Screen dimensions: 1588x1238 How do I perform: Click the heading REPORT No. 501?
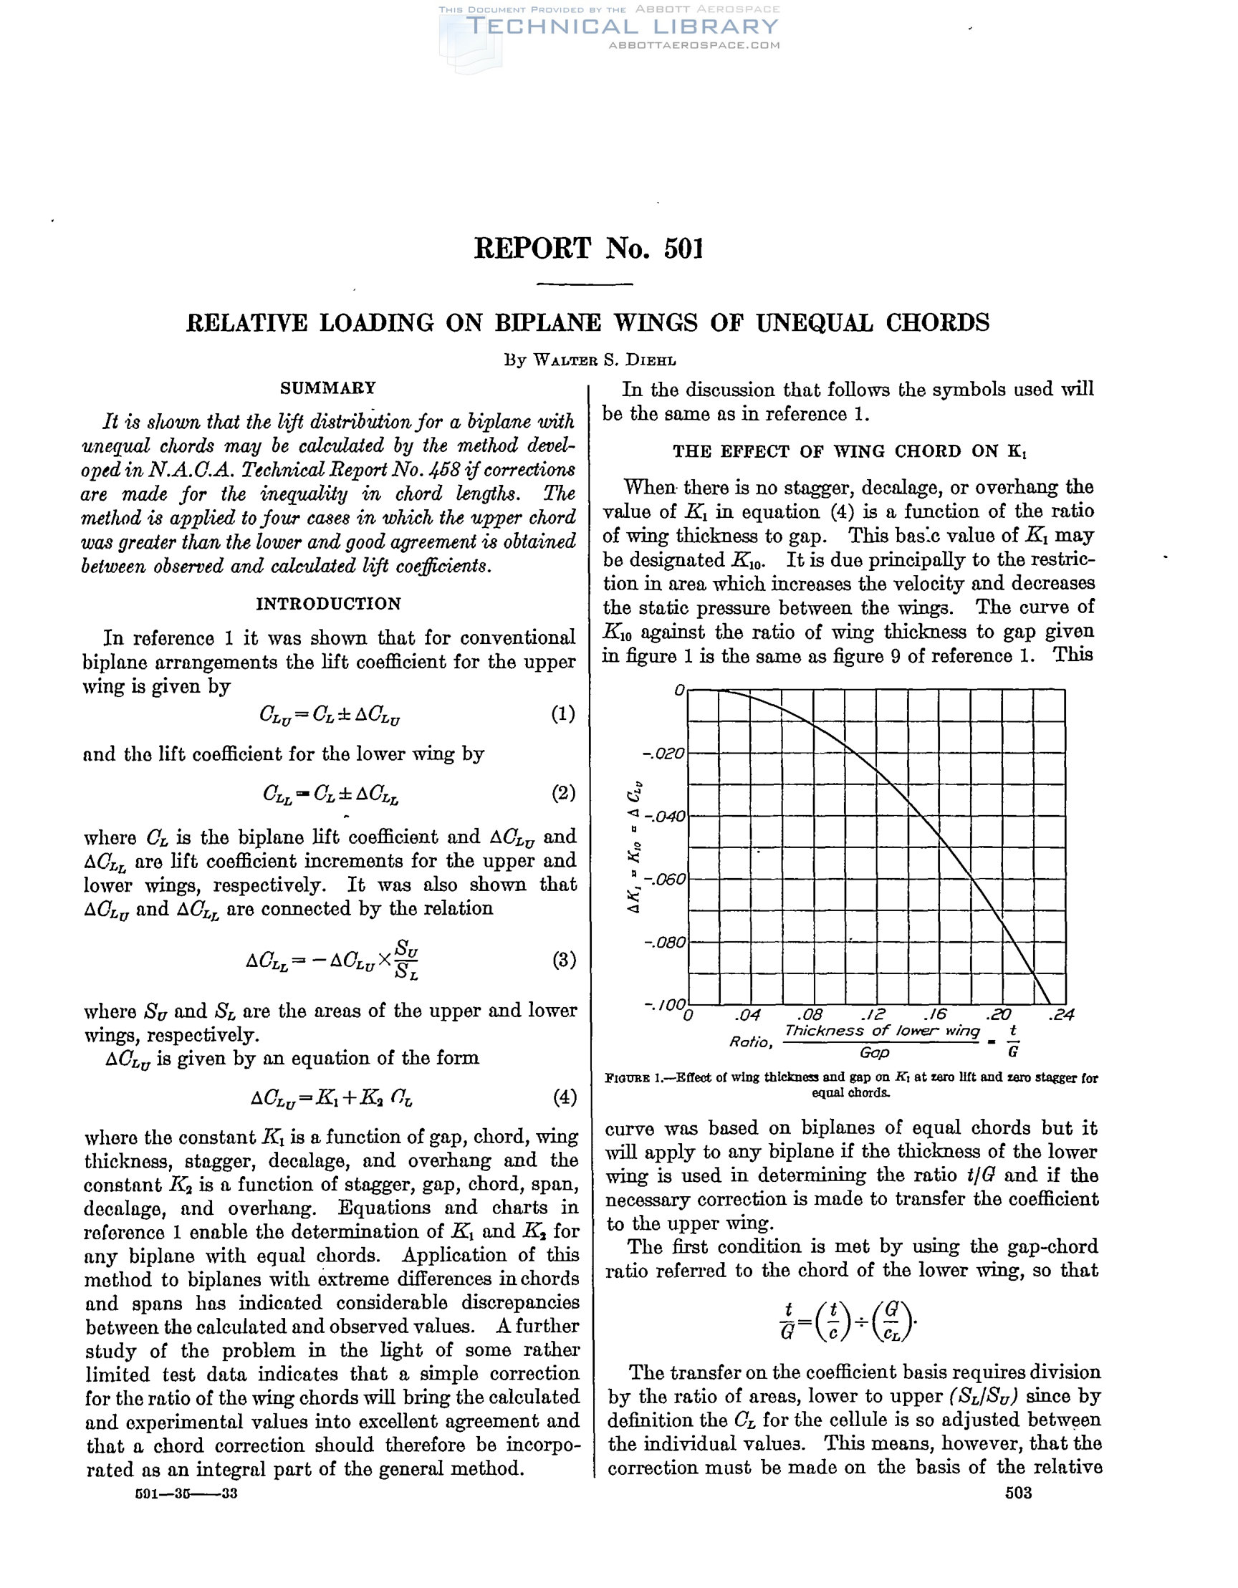[x=588, y=249]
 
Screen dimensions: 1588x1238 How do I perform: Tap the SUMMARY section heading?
[x=328, y=388]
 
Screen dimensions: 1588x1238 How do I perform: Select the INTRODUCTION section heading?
[x=328, y=604]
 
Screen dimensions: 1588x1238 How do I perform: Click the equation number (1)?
[x=563, y=713]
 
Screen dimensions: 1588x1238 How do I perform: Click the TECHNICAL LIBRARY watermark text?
[x=622, y=27]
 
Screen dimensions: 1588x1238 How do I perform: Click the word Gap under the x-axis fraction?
[x=874, y=1052]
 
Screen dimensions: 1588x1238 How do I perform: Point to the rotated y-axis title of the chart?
[x=634, y=847]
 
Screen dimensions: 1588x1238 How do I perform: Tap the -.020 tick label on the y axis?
[x=664, y=754]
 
